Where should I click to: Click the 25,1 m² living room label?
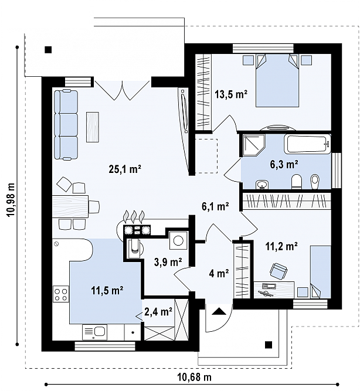pyautogui.click(x=125, y=169)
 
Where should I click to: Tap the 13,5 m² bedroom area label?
pyautogui.click(x=231, y=94)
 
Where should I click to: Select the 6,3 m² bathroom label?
pyautogui.click(x=284, y=164)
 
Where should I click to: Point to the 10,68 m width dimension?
pyautogui.click(x=194, y=377)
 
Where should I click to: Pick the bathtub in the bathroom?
pyautogui.click(x=307, y=144)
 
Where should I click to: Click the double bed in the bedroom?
pyautogui.click(x=277, y=80)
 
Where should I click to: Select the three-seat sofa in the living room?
pyautogui.click(x=66, y=124)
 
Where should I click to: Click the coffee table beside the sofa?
pyautogui.click(x=92, y=127)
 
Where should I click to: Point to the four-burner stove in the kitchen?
pyautogui.click(x=61, y=294)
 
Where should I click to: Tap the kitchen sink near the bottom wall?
pyautogui.click(x=94, y=332)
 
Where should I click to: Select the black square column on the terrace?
pyautogui.click(x=48, y=50)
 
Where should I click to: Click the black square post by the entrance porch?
pyautogui.click(x=269, y=345)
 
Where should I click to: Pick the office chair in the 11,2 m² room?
pyautogui.click(x=278, y=270)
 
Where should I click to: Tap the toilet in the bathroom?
pyautogui.click(x=297, y=181)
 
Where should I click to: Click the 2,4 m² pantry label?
pyautogui.click(x=158, y=311)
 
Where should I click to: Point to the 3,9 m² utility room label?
pyautogui.click(x=168, y=262)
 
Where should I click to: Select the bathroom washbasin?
pyautogui.click(x=262, y=185)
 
